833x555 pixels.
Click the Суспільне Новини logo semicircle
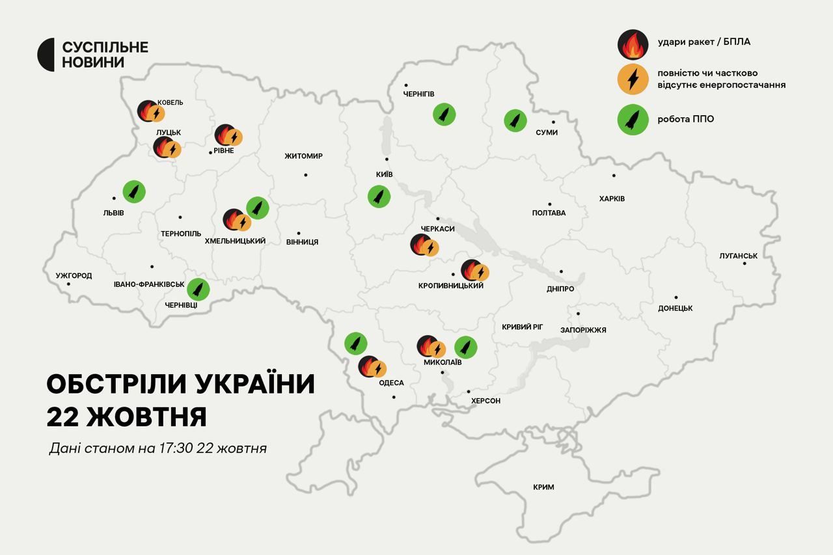coord(46,55)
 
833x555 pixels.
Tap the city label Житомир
coord(303,156)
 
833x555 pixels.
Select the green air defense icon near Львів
coord(134,191)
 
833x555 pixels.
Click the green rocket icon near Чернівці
coord(198,289)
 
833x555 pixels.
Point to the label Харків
coord(612,198)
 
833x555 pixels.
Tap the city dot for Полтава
coord(549,204)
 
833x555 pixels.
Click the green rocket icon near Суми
coord(515,120)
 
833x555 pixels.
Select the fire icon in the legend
coord(632,44)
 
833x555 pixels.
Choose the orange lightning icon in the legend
coord(633,79)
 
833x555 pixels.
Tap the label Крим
coord(543,487)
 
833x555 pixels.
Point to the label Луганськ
coord(738,256)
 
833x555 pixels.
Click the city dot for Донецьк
coord(676,297)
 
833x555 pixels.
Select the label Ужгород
coord(74,276)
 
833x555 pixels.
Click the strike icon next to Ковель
coord(148,111)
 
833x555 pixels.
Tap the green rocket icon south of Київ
coord(379,196)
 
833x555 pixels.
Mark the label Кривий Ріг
coord(522,327)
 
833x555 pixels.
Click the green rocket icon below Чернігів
coord(444,115)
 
